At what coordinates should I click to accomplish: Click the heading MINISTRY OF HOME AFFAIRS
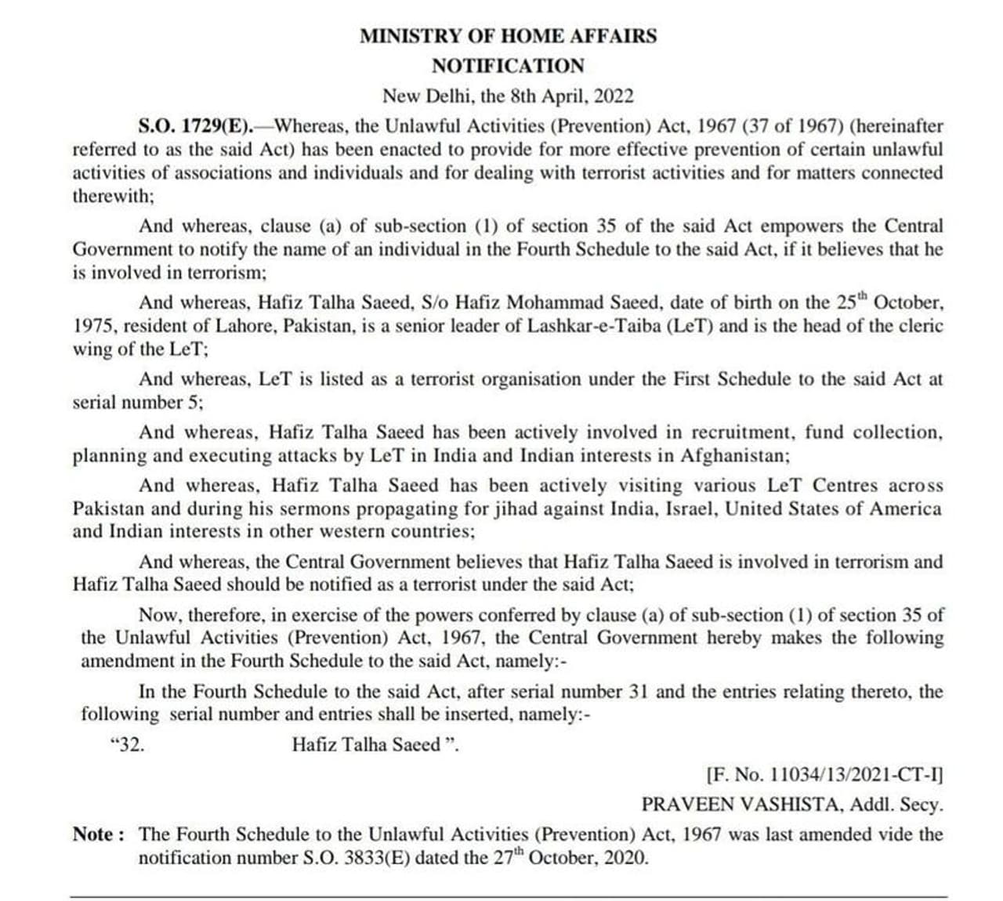(x=508, y=36)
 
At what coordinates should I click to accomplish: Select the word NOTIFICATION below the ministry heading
(x=508, y=66)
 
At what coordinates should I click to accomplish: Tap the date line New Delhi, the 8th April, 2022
(x=508, y=96)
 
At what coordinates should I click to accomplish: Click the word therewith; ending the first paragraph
(x=114, y=196)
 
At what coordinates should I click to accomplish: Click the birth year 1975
(x=94, y=326)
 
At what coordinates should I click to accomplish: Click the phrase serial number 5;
(x=138, y=403)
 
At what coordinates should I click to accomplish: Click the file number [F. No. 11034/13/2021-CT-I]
(x=824, y=775)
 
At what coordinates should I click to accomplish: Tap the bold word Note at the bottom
(x=94, y=834)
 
